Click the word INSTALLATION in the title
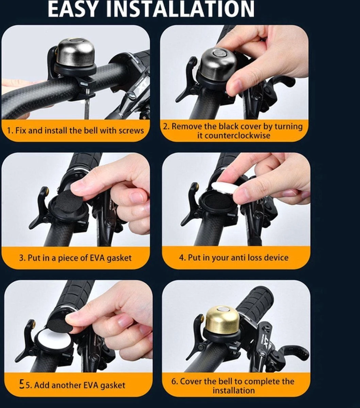(x=180, y=9)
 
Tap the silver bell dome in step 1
(x=75, y=52)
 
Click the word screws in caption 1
(x=131, y=131)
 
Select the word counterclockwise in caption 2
(x=234, y=135)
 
